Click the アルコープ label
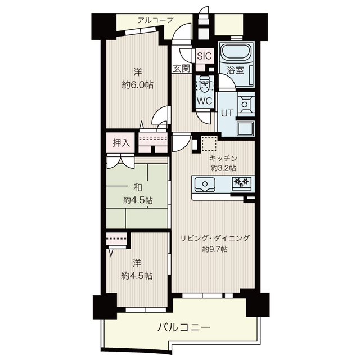coord(155,21)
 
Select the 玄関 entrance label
coord(181,69)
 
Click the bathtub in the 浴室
coord(236,53)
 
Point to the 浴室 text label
coord(235,70)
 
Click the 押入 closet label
coord(121,143)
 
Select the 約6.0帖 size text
coord(137,85)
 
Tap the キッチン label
coord(224,158)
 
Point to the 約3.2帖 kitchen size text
coord(223,168)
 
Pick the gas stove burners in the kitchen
coord(242,182)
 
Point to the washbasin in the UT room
coord(246,104)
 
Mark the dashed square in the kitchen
coord(209,143)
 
